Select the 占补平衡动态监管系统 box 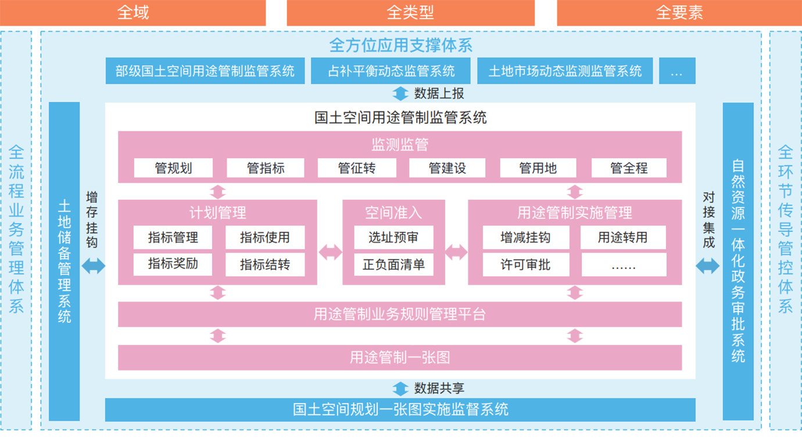click(391, 71)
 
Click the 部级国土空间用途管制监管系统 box click(205, 71)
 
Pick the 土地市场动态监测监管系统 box click(565, 71)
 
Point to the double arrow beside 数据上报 click(400, 93)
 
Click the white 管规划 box click(173, 168)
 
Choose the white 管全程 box click(629, 168)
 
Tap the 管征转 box click(357, 168)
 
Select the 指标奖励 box click(173, 264)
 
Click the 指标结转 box click(265, 265)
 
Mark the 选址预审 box click(393, 238)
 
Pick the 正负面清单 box click(393, 265)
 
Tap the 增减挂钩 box click(526, 238)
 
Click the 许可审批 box click(526, 265)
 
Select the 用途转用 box click(623, 238)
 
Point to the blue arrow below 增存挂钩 click(94, 266)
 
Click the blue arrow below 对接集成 click(707, 266)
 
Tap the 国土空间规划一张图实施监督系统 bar click(400, 409)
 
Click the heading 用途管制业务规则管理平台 click(400, 315)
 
